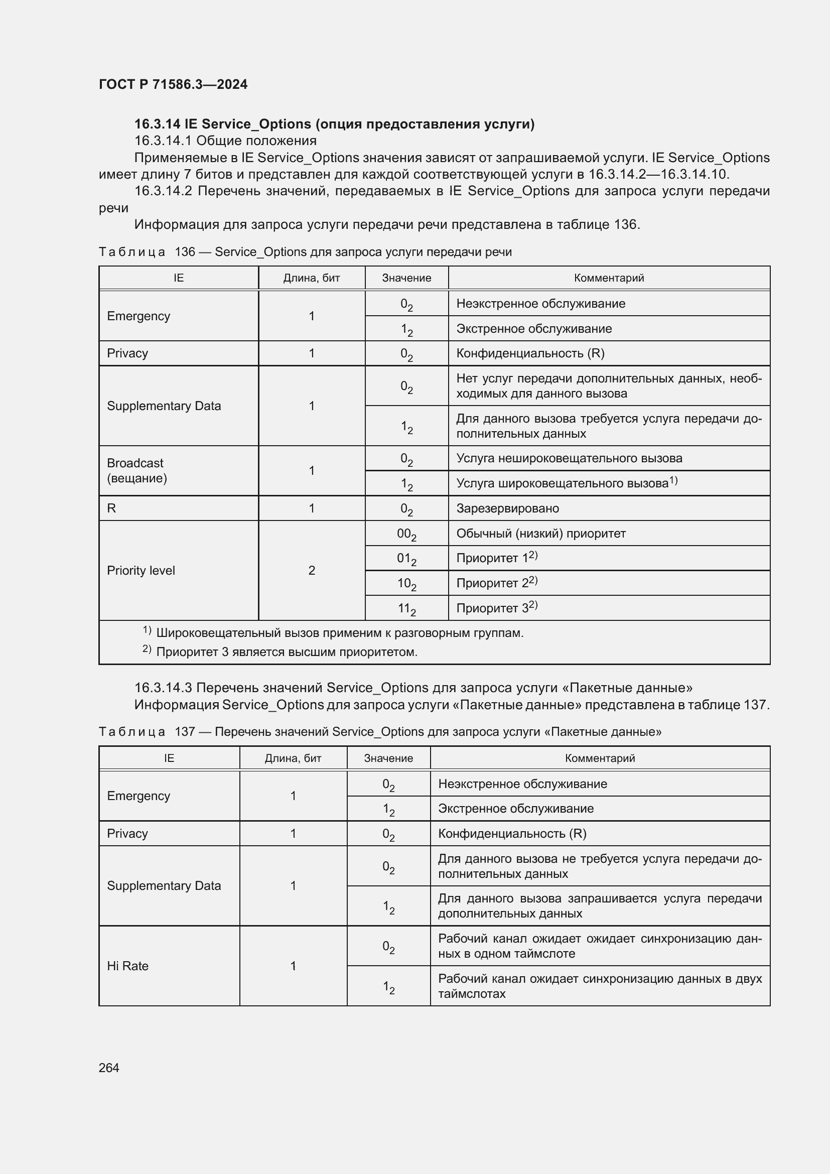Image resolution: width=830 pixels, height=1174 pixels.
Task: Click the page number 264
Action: pos(109,1068)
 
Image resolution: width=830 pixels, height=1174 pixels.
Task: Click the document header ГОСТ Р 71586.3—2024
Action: pos(173,84)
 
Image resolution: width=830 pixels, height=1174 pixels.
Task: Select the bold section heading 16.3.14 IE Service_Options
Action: pos(334,124)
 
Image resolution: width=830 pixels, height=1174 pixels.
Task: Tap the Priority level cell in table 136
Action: pos(141,571)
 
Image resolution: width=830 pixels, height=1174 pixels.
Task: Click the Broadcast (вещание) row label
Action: pos(136,470)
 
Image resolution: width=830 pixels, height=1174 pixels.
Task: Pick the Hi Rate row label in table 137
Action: pos(128,966)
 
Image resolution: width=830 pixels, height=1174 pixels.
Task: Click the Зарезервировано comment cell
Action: pos(507,508)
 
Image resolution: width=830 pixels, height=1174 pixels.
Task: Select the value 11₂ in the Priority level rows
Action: pos(406,608)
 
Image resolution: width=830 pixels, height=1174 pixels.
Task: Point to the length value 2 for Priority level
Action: pos(312,571)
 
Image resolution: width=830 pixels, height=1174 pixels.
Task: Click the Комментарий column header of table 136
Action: pos(609,278)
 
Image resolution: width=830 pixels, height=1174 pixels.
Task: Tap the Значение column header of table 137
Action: pos(388,758)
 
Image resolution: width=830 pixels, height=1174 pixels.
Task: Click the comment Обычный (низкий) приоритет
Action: pos(541,534)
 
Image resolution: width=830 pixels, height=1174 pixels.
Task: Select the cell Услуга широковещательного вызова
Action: pos(562,483)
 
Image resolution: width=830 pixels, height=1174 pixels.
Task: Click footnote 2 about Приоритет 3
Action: pos(286,652)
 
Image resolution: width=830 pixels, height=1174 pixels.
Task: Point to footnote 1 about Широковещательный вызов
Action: pos(339,633)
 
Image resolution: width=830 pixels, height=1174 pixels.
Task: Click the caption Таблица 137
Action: pos(380,732)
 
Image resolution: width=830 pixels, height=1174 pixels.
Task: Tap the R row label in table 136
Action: pos(112,508)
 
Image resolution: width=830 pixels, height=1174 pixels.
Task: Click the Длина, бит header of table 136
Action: pos(312,278)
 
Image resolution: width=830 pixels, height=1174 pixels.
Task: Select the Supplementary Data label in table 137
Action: pos(164,885)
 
